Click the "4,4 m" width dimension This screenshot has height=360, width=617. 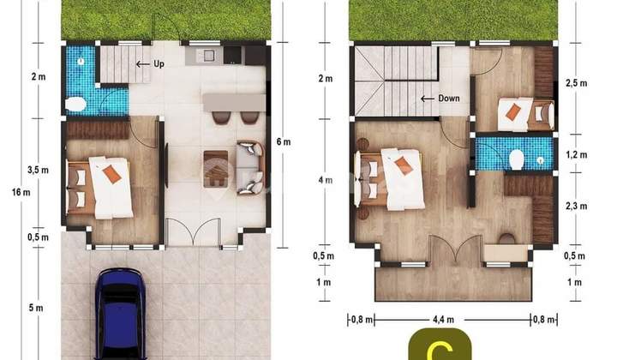[443, 320]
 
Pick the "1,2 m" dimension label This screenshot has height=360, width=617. [575, 155]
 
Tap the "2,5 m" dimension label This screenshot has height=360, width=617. [575, 84]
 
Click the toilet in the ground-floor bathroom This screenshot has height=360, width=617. [75, 105]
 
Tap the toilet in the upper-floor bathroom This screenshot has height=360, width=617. [516, 159]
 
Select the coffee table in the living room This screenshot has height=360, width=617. [216, 168]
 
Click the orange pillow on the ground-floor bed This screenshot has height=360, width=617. [111, 174]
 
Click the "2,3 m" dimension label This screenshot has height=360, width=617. [575, 205]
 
